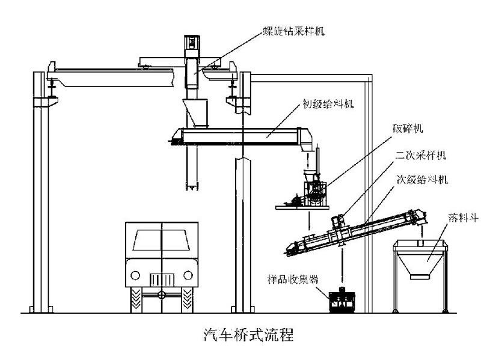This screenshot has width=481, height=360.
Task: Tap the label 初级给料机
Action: (x=327, y=103)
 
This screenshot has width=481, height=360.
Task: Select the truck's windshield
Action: (x=162, y=241)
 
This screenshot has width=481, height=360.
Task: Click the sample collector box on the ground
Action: (x=342, y=299)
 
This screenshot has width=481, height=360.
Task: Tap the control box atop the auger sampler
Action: (x=192, y=41)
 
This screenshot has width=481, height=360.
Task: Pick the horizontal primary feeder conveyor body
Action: (x=240, y=135)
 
